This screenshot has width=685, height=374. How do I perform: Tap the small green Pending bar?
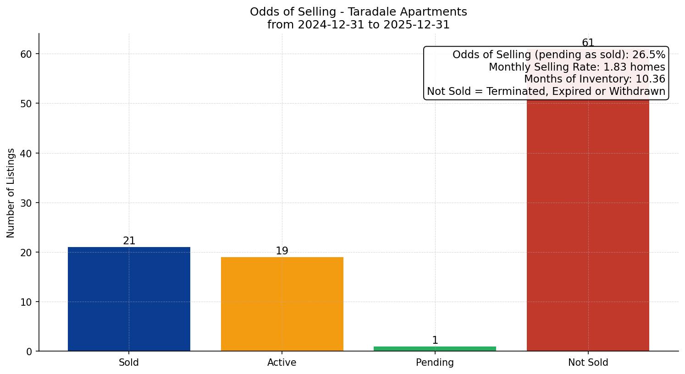click(435, 349)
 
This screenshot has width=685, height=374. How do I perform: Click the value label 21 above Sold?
click(129, 241)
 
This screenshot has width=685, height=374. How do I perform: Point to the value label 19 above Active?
click(282, 251)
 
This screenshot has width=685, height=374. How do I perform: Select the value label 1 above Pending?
click(435, 341)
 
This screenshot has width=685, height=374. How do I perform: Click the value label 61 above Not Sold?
click(588, 43)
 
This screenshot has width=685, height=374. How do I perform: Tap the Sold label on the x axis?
click(129, 363)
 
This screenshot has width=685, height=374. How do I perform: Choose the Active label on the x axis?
click(282, 363)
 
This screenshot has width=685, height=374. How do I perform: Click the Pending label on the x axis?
click(435, 363)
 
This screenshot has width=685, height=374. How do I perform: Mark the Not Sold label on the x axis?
click(588, 363)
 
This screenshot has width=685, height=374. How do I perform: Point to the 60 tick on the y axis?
click(26, 54)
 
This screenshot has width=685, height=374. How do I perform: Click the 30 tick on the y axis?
click(26, 203)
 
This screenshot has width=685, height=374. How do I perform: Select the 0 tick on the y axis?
click(29, 352)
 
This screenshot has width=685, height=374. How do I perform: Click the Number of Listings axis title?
click(11, 192)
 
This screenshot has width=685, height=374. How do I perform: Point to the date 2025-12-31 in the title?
click(416, 25)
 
